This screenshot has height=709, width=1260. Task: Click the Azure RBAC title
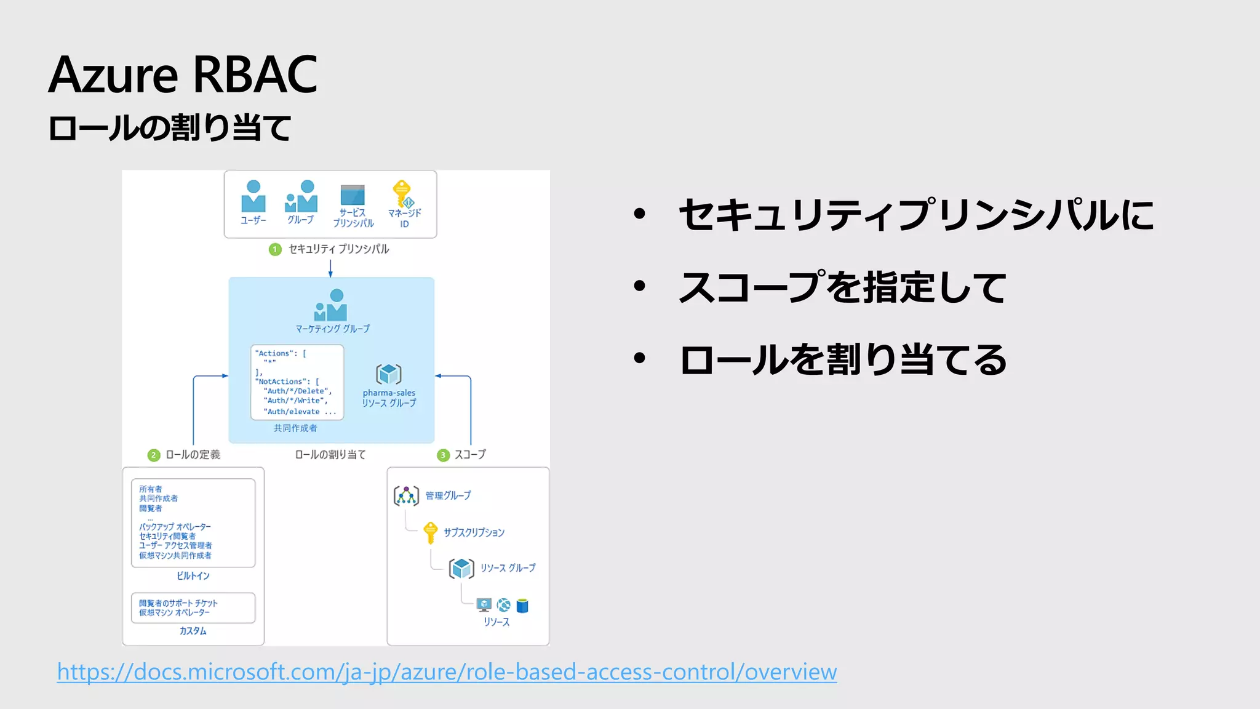click(183, 74)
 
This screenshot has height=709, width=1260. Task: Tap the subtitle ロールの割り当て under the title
click(170, 128)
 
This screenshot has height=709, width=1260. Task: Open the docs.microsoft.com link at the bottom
click(447, 671)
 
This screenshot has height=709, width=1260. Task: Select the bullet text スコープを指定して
click(842, 287)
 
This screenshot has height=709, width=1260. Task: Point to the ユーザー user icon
click(253, 196)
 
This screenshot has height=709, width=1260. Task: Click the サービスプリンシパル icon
click(353, 196)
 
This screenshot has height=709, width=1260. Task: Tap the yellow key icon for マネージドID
click(403, 193)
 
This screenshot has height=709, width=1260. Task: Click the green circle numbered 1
click(275, 249)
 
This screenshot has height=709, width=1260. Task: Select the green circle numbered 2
click(154, 455)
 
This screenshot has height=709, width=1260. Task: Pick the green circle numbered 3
click(443, 455)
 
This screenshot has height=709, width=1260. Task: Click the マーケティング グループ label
click(332, 329)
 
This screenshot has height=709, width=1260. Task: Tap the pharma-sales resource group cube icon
click(389, 374)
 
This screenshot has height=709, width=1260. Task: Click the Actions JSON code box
click(297, 382)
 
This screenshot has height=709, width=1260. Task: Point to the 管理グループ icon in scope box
click(406, 495)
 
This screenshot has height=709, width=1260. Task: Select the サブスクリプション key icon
click(430, 532)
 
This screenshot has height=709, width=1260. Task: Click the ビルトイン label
click(193, 575)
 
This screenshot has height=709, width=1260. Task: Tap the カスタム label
click(193, 631)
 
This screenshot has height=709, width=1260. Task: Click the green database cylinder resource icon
click(522, 606)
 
